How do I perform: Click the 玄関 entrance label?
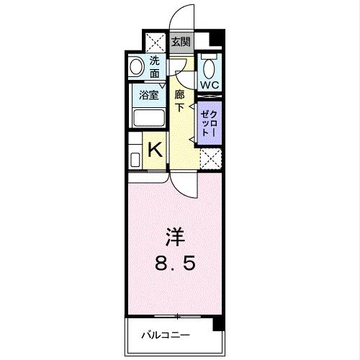coord(181,40)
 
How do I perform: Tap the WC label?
coord(209,85)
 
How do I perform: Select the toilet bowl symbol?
coord(209,68)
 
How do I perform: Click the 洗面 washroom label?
coord(154,67)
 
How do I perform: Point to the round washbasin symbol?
coord(136,67)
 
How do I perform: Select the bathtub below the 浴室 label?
coord(149,118)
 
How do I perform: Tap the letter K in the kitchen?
coord(154,150)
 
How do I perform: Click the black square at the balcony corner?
coord(217,326)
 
